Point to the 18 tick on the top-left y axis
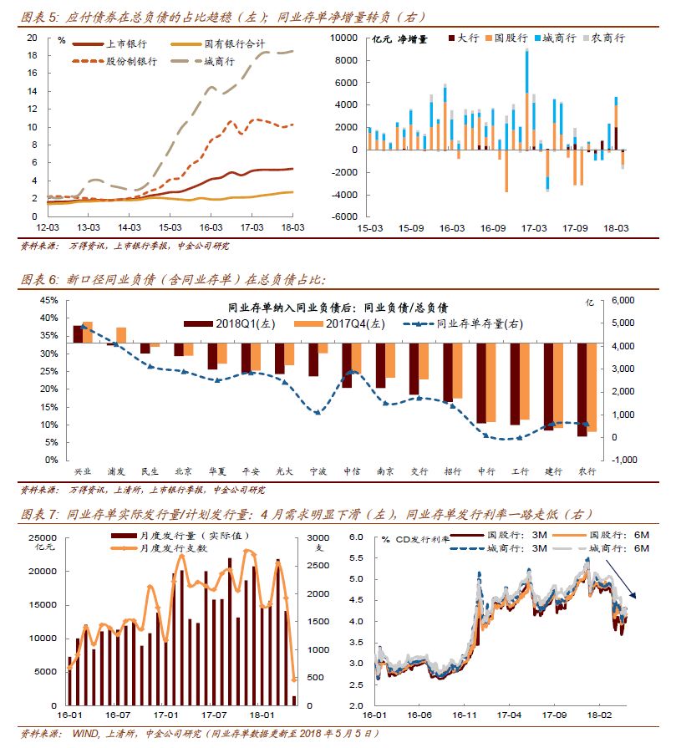[33, 55]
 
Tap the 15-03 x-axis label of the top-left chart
[170, 226]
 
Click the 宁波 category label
[317, 471]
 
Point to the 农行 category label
[587, 471]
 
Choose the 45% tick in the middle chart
[48, 300]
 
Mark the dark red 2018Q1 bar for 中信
[347, 365]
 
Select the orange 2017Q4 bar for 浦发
[122, 335]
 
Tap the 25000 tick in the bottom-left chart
[42, 537]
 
